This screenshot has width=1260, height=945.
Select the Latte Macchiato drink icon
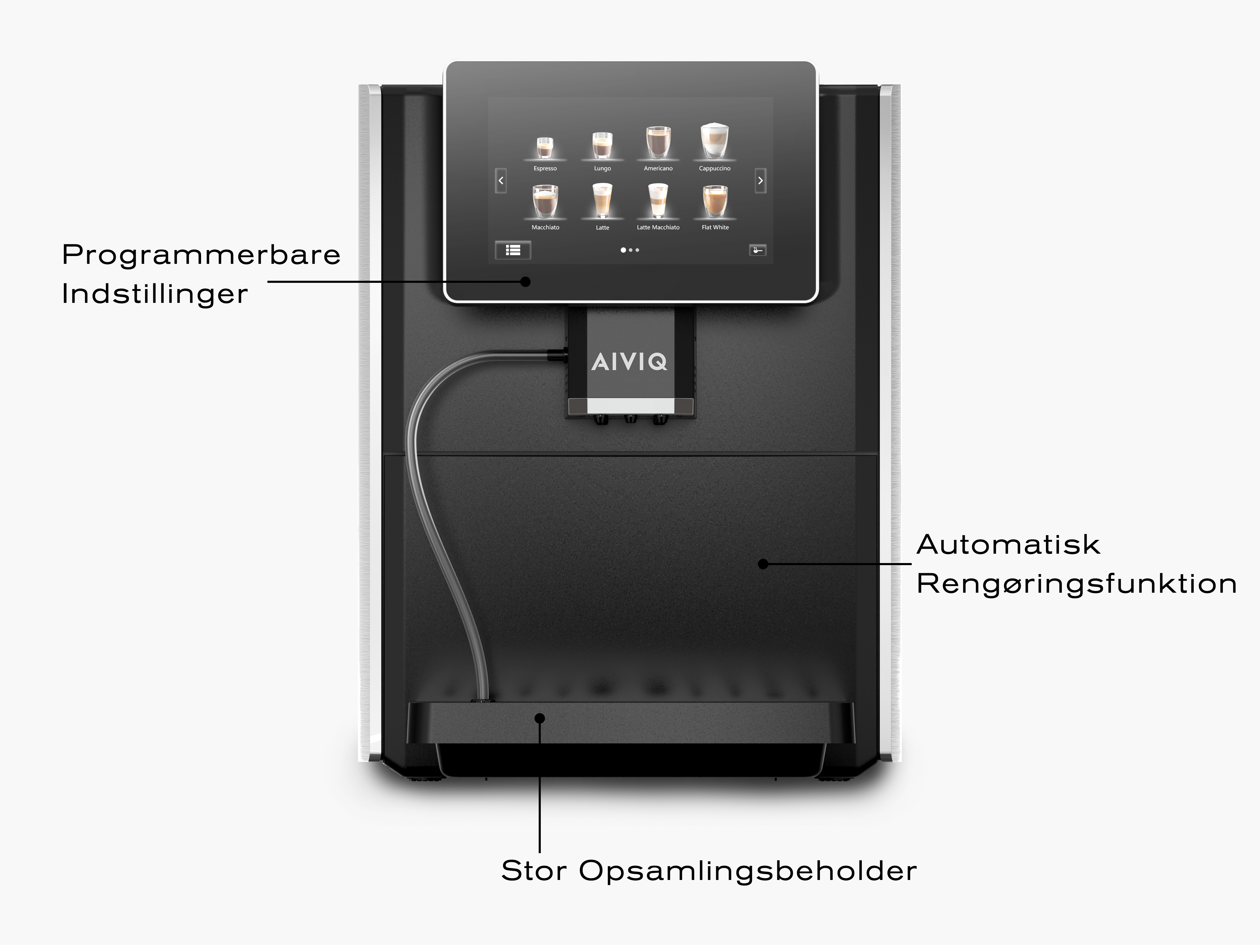point(658,201)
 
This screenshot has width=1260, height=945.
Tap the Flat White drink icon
point(715,202)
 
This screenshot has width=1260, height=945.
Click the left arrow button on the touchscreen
point(501,181)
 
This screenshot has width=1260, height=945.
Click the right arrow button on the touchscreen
point(760,181)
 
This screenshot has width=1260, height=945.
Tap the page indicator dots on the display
point(630,250)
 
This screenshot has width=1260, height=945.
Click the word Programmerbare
point(201,255)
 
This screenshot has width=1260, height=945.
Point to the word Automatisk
point(1008,545)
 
